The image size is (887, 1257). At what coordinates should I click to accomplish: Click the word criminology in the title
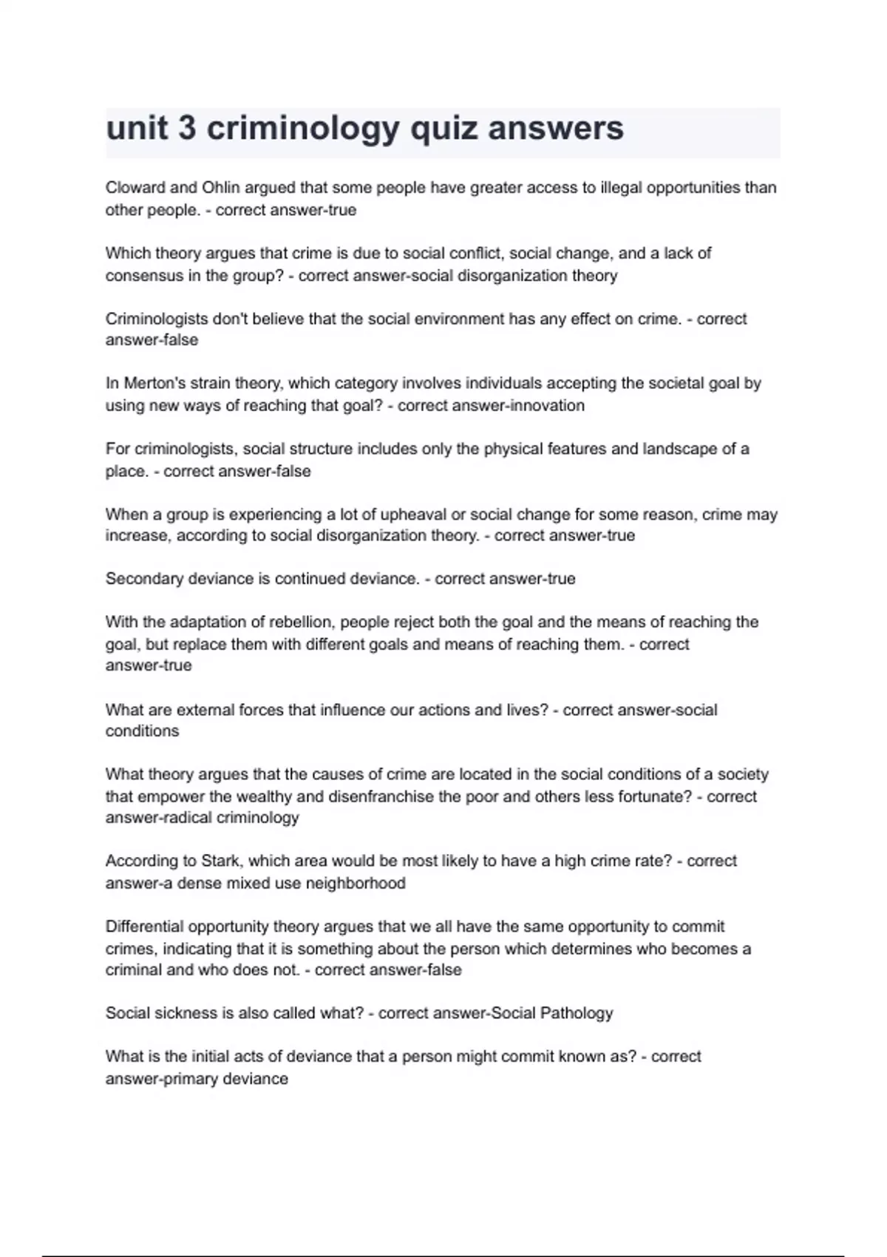(302, 129)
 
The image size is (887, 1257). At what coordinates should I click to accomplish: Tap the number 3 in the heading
(187, 128)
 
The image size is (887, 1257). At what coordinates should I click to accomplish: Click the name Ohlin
(221, 188)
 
